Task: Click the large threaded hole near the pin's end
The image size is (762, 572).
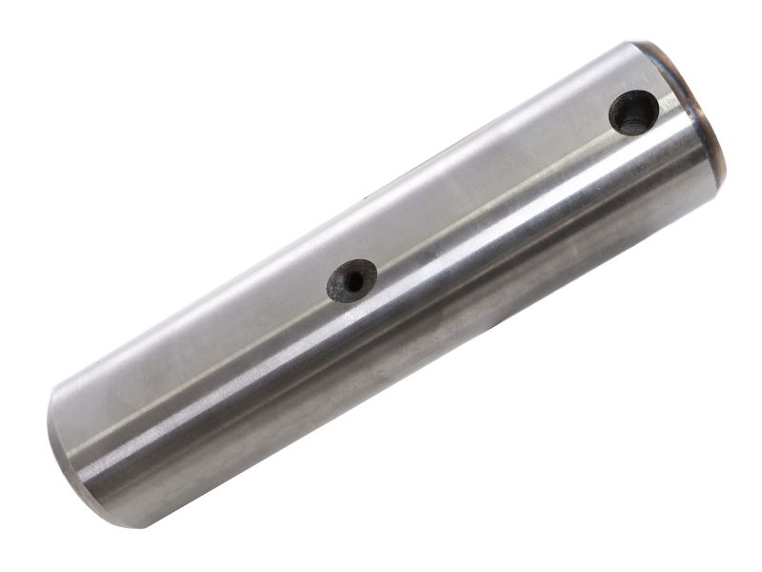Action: coord(633,112)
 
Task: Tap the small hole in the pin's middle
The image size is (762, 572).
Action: coord(351,280)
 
